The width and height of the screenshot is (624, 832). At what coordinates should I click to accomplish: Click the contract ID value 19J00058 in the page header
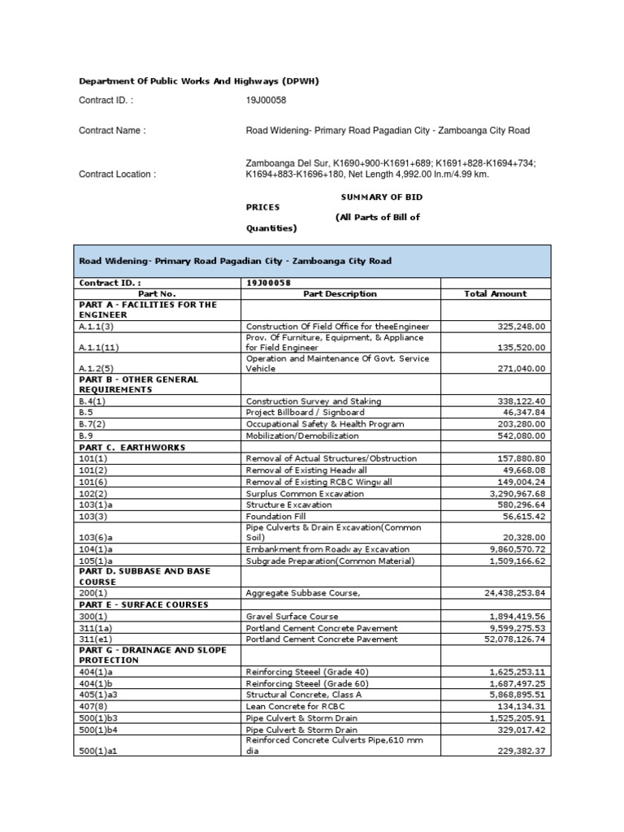coord(266,100)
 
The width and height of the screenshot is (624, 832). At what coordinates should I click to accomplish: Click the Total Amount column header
coord(495,293)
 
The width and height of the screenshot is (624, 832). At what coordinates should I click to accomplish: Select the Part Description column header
coord(340,293)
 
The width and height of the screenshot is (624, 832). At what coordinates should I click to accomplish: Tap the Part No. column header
coord(157,293)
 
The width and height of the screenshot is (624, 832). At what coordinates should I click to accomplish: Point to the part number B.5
coord(85,412)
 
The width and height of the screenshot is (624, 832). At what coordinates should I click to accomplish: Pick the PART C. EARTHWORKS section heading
coord(132,447)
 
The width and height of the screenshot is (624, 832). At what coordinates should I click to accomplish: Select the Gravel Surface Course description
coord(292,616)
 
